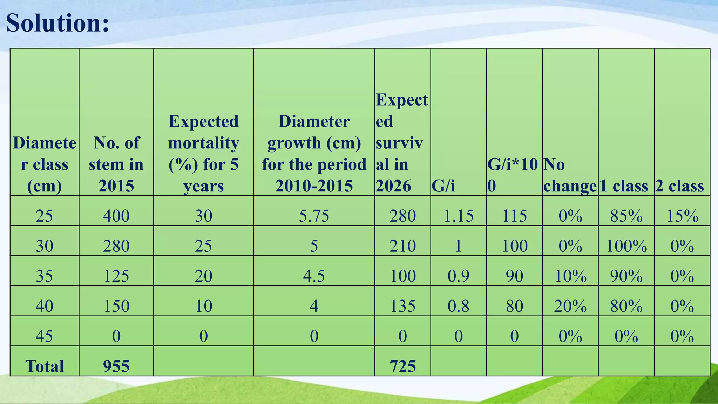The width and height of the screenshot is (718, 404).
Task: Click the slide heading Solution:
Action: tap(57, 23)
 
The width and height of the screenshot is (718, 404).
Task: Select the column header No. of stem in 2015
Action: tap(116, 164)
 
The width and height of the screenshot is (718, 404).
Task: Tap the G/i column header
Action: tap(443, 186)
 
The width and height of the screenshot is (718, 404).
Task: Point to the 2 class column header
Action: tap(679, 186)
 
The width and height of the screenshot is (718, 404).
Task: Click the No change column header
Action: tap(570, 175)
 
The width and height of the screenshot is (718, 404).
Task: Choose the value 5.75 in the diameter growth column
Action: tap(314, 216)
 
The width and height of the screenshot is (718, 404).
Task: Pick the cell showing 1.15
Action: tap(458, 216)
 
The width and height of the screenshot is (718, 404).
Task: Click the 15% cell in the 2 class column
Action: tap(682, 216)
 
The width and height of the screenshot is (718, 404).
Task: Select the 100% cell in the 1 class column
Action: tap(626, 246)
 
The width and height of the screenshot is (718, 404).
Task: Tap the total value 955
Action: tap(116, 366)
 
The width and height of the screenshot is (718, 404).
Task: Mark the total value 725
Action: tap(402, 366)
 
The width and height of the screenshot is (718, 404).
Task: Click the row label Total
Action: tap(45, 366)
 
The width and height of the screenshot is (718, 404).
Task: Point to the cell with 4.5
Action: tap(314, 276)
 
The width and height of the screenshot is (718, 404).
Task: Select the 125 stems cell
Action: tap(116, 276)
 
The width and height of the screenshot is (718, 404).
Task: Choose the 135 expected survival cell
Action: tap(402, 306)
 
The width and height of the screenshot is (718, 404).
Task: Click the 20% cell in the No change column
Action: tap(570, 306)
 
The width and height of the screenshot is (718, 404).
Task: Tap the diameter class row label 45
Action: tap(45, 336)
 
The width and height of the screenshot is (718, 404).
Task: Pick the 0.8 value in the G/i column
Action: tap(458, 306)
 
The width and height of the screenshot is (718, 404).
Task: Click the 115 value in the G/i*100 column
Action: tap(514, 216)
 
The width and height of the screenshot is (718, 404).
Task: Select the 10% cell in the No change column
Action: tap(570, 276)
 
